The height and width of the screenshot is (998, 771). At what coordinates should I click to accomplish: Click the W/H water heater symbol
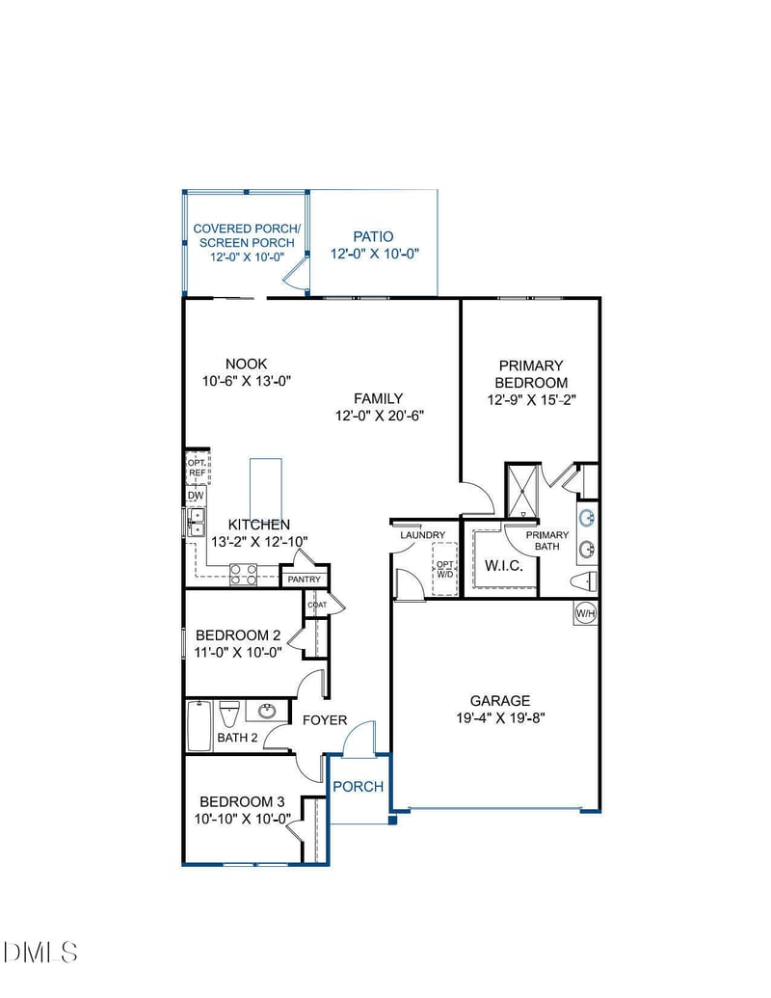(585, 613)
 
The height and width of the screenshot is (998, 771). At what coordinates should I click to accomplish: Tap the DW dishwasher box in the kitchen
(196, 496)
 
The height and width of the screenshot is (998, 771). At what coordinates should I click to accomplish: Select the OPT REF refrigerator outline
(198, 468)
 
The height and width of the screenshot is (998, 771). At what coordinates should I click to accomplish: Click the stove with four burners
(243, 575)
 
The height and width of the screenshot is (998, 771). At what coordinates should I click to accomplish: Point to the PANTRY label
(305, 579)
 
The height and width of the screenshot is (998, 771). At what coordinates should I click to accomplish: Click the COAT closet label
(317, 605)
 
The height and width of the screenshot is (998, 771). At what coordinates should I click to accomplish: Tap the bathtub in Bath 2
(199, 725)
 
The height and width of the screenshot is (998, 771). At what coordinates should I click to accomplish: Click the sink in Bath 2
(267, 713)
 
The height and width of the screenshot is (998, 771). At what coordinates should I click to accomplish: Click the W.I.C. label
(503, 565)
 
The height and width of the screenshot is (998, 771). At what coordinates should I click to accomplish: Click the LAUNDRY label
(423, 535)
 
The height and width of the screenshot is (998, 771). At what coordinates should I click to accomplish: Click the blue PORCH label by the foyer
(358, 786)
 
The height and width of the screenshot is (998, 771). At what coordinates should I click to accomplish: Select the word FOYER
(325, 720)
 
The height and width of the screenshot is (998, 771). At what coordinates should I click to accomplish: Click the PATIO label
(373, 236)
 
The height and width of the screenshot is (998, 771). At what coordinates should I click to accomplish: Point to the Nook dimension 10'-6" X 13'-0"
(246, 381)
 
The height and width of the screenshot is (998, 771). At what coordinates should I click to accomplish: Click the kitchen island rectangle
(266, 490)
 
